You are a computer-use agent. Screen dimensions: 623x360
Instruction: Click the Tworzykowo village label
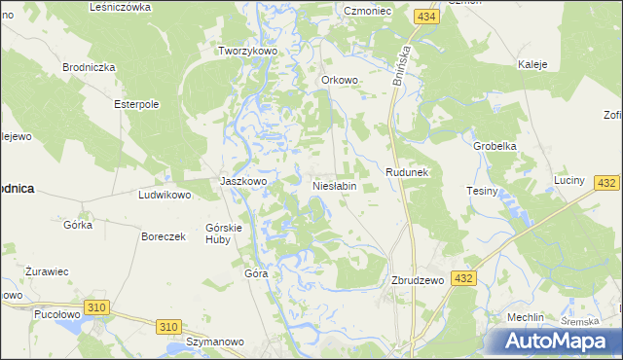point(249,51)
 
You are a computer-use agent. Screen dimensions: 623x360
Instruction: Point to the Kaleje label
point(532,64)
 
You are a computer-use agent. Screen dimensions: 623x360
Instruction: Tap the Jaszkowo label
point(243,181)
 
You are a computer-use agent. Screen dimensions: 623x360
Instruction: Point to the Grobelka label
point(494,146)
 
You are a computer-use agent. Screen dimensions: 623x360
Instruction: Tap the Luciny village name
point(568,181)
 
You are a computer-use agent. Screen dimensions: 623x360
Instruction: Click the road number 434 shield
point(423,18)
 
